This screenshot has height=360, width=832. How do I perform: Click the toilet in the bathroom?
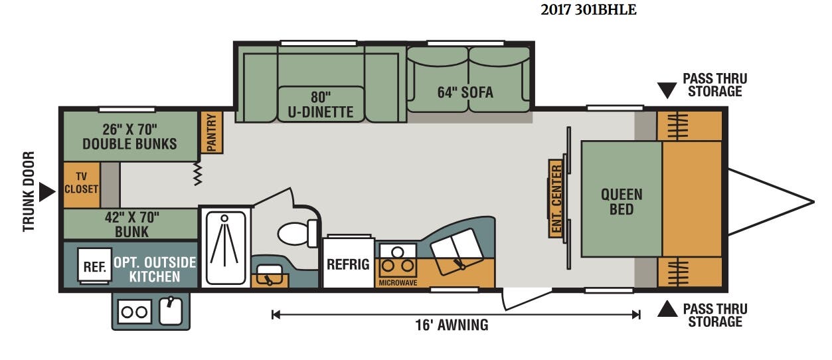click(x=297, y=233)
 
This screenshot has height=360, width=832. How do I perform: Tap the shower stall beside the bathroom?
click(x=225, y=248)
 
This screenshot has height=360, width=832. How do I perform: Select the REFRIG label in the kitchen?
click(x=348, y=264)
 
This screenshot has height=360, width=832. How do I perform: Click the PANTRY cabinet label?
click(x=211, y=132)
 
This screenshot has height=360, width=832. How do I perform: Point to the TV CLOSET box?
click(x=82, y=185)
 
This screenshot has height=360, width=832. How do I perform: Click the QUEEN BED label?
click(x=622, y=202)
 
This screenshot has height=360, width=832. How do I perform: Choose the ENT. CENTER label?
click(x=556, y=199)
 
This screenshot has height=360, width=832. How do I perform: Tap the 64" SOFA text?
click(x=465, y=92)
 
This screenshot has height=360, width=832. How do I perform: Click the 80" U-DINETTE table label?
click(x=321, y=104)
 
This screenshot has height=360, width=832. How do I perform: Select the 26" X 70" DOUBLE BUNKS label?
click(x=129, y=136)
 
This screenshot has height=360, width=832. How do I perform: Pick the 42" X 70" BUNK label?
click(x=132, y=224)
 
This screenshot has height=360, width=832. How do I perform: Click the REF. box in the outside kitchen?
click(x=95, y=265)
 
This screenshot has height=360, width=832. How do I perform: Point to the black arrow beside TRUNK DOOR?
click(x=46, y=192)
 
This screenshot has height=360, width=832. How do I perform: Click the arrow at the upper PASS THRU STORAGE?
click(x=667, y=90)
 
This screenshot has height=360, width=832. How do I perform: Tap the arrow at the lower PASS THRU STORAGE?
click(x=667, y=309)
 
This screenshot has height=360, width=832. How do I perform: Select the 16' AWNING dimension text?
click(x=452, y=325)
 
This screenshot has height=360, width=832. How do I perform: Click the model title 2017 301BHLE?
click(x=588, y=10)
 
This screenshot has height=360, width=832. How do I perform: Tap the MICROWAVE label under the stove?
click(x=398, y=283)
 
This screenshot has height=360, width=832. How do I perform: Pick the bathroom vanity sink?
click(x=270, y=275)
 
